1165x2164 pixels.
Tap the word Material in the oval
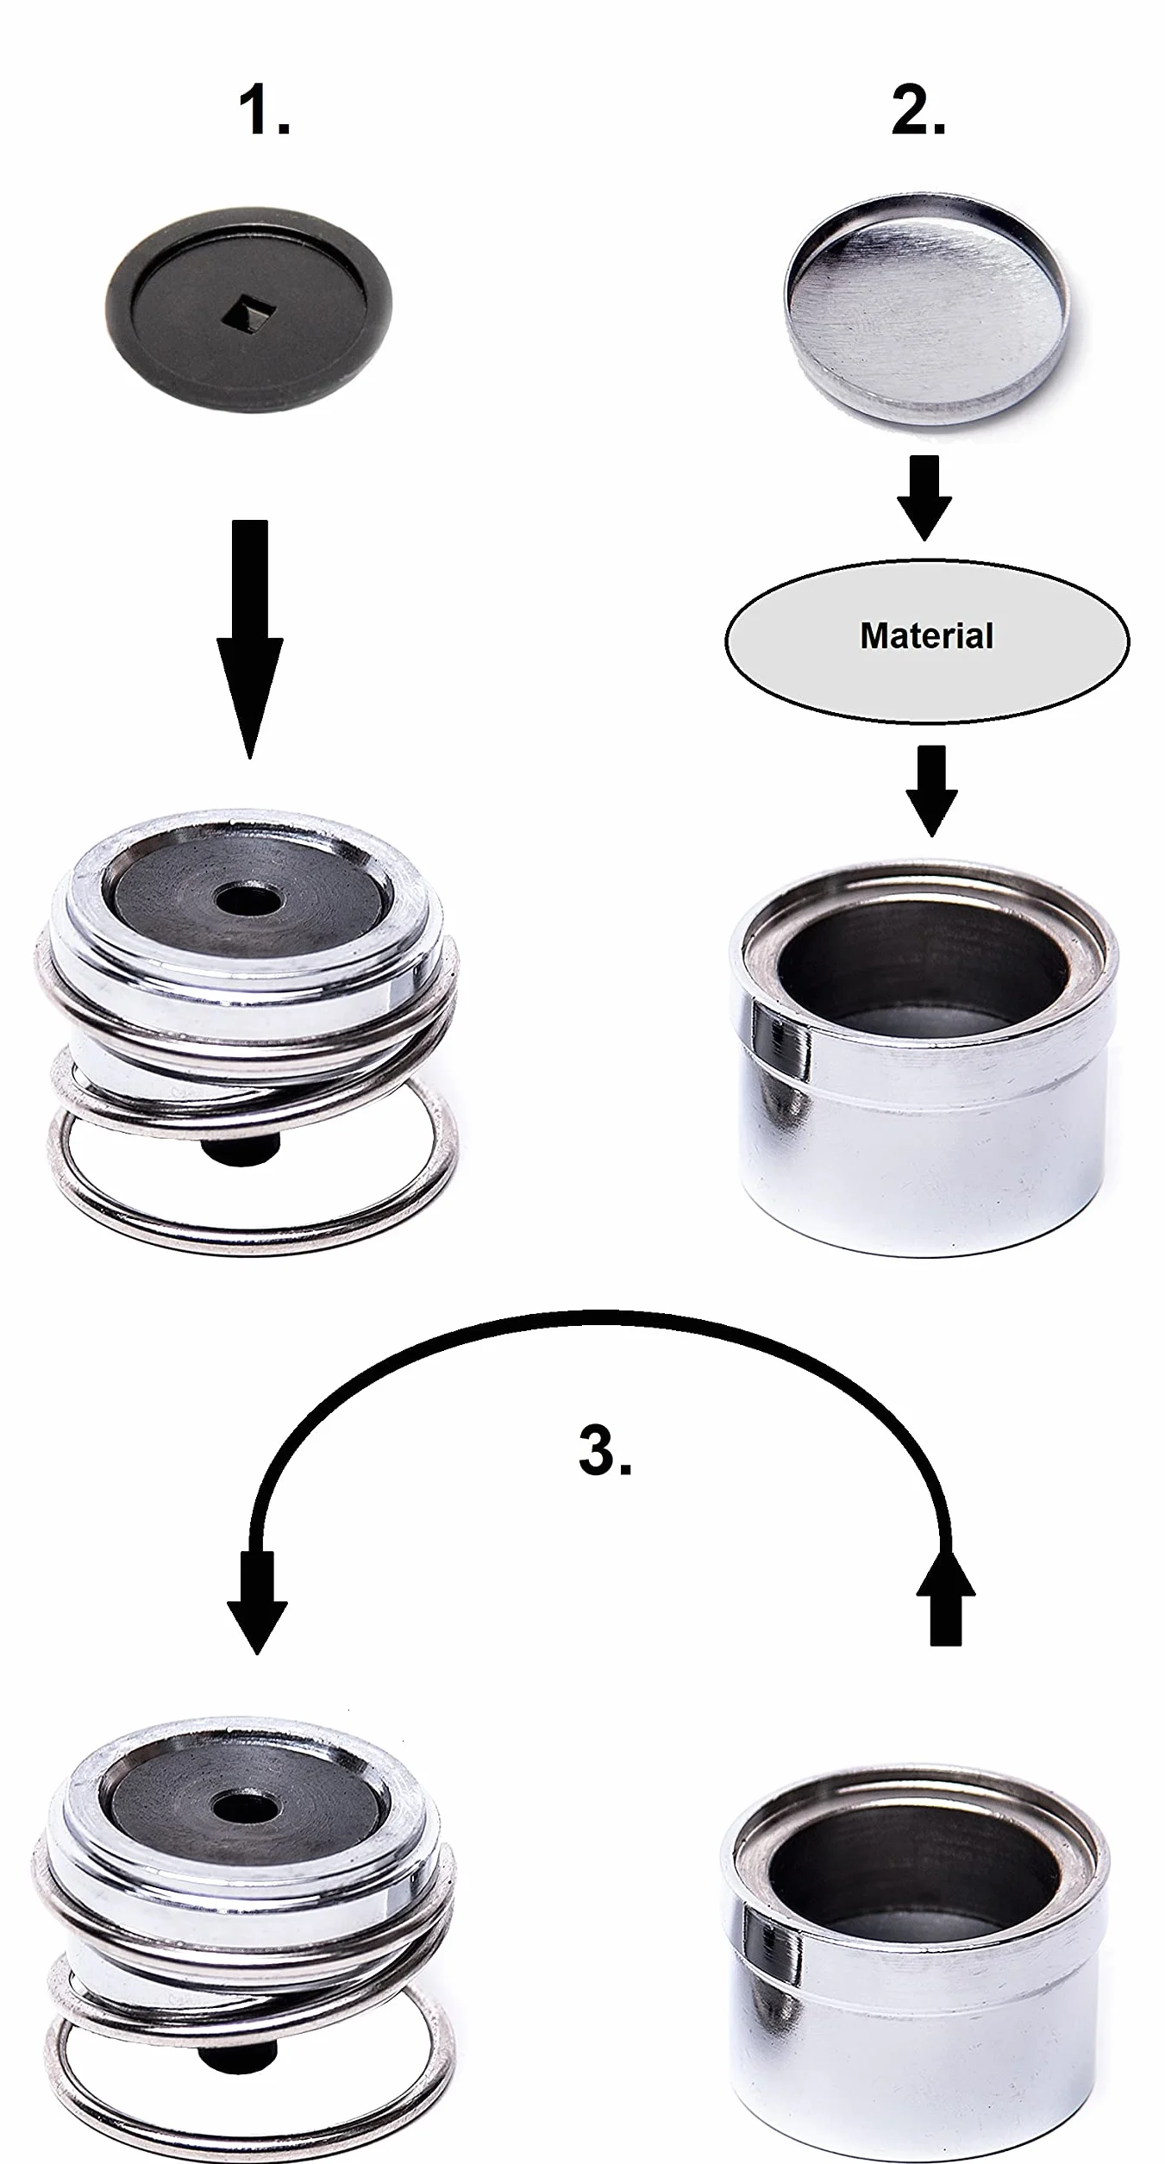point(927,636)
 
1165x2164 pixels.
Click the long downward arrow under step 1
point(250,639)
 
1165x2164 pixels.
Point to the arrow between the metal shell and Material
point(924,498)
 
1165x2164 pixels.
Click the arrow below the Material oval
point(931,791)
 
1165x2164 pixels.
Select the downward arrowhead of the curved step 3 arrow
point(257,1603)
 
